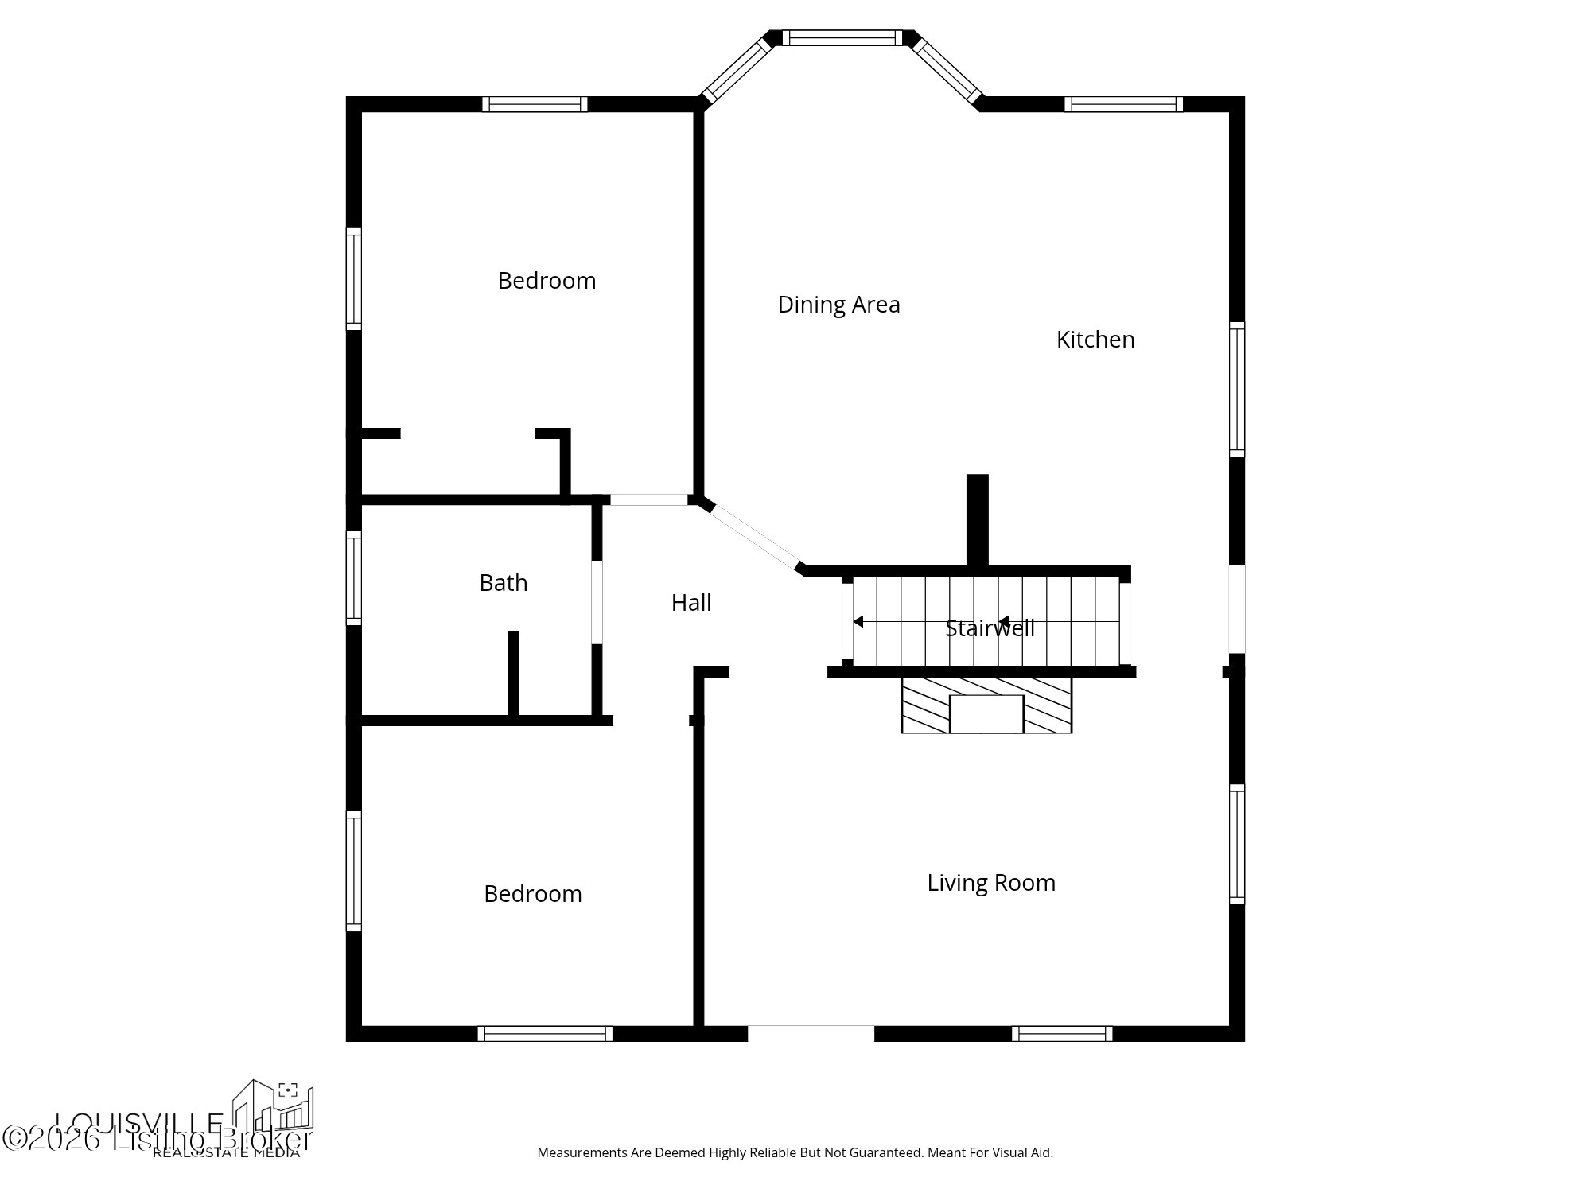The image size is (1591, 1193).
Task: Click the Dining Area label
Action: pyautogui.click(x=838, y=305)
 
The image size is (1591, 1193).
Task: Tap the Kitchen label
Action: pyautogui.click(x=1095, y=340)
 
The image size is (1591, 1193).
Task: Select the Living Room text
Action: pyautogui.click(x=990, y=883)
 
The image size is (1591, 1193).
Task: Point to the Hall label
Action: pyautogui.click(x=690, y=603)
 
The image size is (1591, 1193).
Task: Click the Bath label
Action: pyautogui.click(x=503, y=583)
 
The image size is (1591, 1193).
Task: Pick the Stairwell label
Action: pyautogui.click(x=990, y=628)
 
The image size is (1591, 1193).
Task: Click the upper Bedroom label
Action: pyautogui.click(x=547, y=281)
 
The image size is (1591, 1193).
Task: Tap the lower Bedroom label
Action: pyautogui.click(x=532, y=894)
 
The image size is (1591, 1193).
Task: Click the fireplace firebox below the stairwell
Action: pyautogui.click(x=986, y=713)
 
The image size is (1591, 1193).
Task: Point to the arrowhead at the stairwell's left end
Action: pyautogui.click(x=858, y=621)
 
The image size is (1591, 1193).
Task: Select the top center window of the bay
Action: pyautogui.click(x=842, y=37)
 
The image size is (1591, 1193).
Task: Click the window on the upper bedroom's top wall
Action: pyautogui.click(x=535, y=104)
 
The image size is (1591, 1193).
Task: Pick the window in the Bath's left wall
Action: pyautogui.click(x=354, y=577)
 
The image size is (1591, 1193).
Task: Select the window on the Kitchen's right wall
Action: pyautogui.click(x=1236, y=389)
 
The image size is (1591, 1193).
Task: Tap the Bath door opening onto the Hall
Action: pyautogui.click(x=597, y=602)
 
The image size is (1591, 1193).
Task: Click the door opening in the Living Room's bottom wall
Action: pyautogui.click(x=811, y=1032)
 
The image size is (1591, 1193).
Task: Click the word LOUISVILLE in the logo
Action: pyautogui.click(x=139, y=1123)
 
